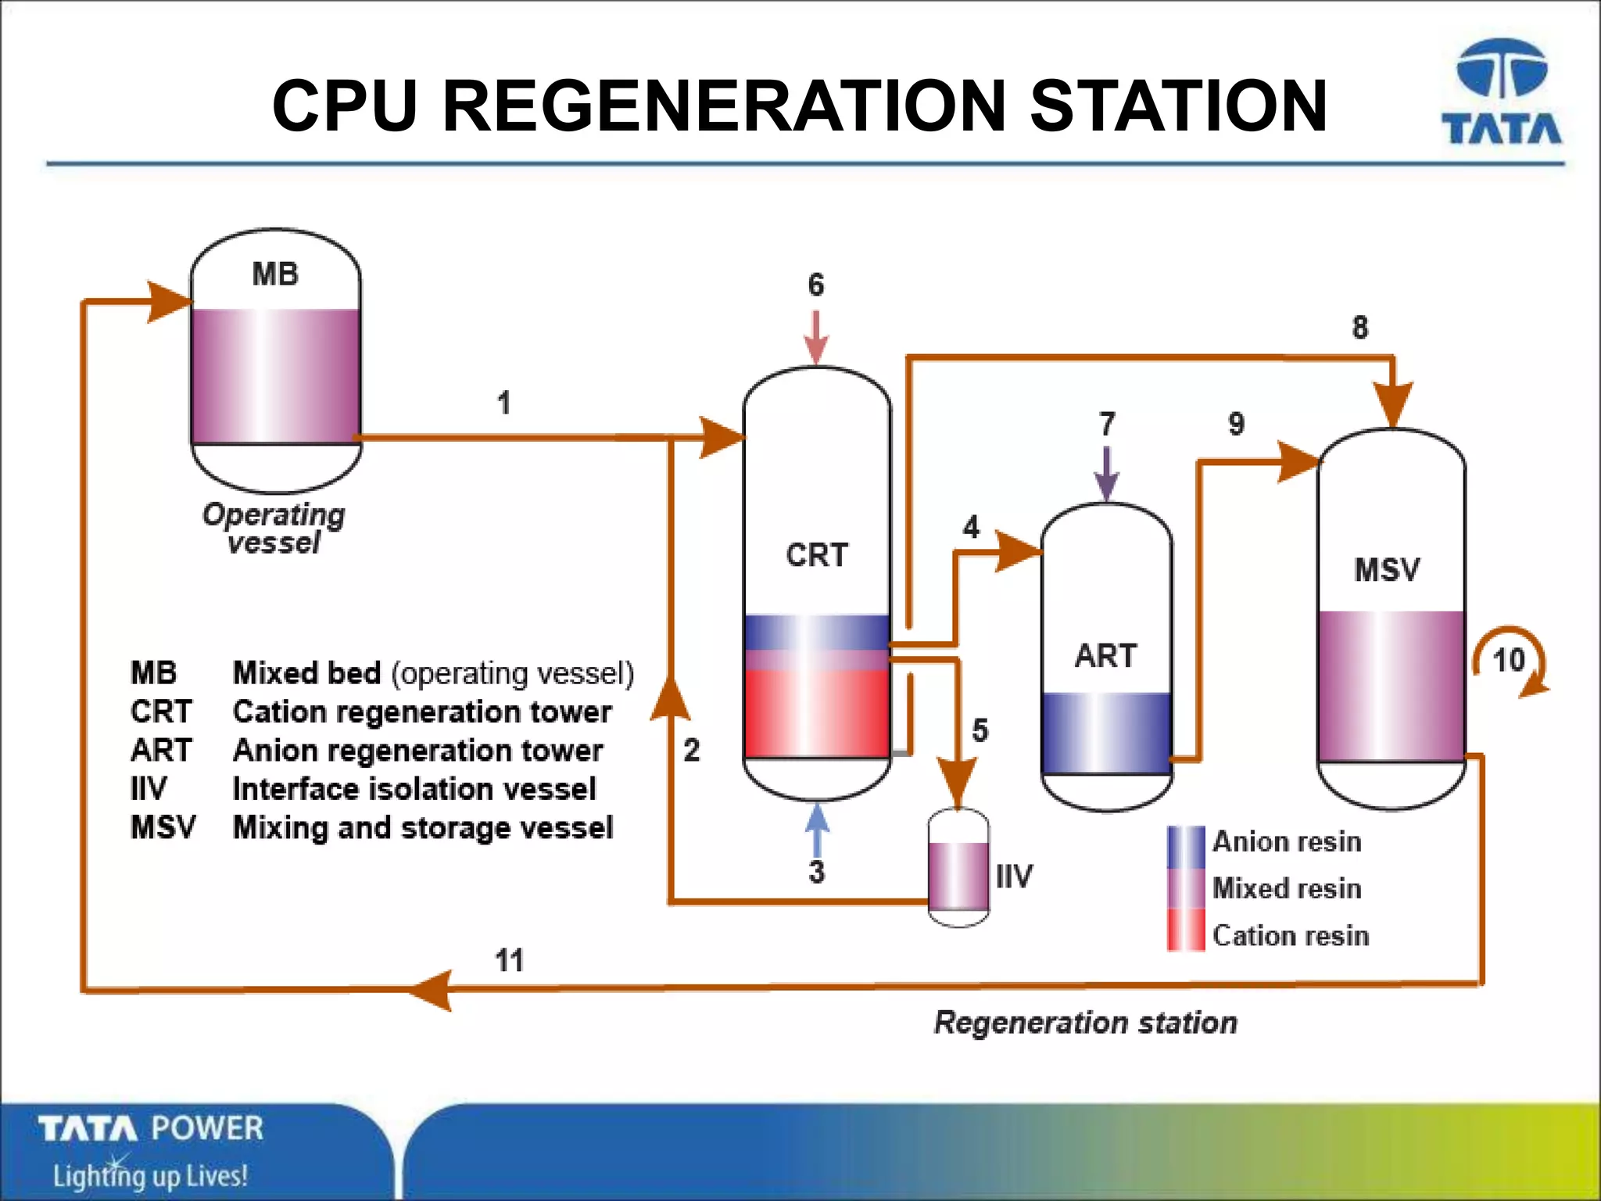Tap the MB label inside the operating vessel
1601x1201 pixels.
coord(275,274)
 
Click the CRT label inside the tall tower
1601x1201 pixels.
coord(817,555)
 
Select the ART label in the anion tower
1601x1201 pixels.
coord(1105,656)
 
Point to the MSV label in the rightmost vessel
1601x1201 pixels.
coord(1387,570)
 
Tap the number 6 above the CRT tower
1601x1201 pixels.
coord(816,285)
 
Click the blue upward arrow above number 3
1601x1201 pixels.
coord(817,830)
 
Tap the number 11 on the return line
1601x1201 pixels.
coord(509,960)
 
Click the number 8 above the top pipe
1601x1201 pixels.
coord(1360,327)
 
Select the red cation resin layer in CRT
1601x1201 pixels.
coord(817,713)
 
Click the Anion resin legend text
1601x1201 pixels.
coord(1287,842)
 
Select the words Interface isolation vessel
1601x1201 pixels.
coord(414,789)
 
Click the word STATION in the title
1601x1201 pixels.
coord(1179,106)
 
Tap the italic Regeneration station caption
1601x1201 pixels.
coord(1086,1023)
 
